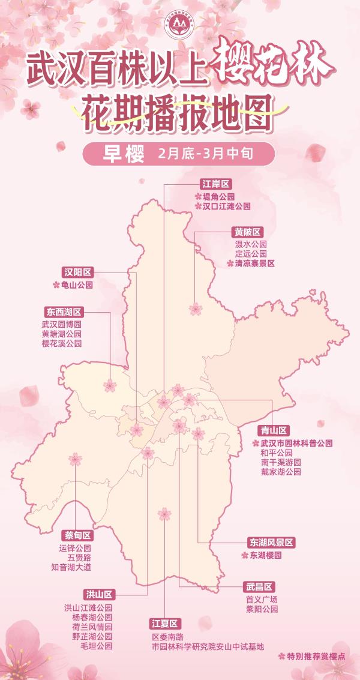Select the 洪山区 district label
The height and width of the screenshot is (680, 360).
tap(98, 595)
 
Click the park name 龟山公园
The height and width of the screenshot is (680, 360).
tap(78, 286)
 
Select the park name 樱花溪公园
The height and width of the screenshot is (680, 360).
tap(61, 344)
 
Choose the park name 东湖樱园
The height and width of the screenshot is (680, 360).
tap(265, 556)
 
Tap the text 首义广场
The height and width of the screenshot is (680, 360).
tap(262, 599)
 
